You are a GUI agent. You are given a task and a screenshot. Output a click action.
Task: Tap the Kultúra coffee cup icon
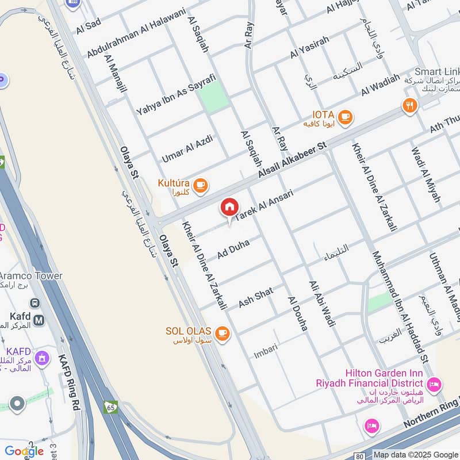click(x=200, y=185)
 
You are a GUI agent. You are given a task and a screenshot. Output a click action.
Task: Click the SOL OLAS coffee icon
click(x=222, y=333)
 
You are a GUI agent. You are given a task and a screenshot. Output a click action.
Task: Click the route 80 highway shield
click(x=359, y=456)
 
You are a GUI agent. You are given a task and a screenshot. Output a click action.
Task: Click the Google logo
click(x=24, y=451)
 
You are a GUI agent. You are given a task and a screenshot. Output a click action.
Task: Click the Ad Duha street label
click(x=233, y=250)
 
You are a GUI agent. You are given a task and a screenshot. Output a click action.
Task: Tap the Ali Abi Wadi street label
click(x=321, y=304)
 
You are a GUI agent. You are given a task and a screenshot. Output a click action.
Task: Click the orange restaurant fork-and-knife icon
click(x=409, y=106)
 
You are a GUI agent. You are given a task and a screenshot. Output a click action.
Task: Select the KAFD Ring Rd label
click(x=68, y=382)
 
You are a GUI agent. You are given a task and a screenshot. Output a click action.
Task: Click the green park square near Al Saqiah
click(x=214, y=98)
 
